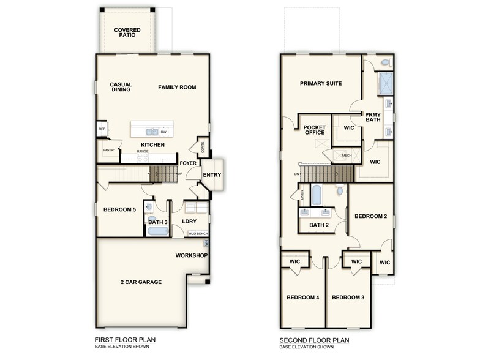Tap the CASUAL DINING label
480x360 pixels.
click(121, 88)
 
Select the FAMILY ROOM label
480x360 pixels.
click(177, 88)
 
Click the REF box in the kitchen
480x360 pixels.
click(102, 129)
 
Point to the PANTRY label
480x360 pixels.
click(109, 150)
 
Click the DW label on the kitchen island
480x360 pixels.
click(164, 131)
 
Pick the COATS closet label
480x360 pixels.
click(201, 147)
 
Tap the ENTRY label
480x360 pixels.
click(212, 176)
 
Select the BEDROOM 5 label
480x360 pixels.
click(119, 210)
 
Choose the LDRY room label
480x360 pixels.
click(189, 221)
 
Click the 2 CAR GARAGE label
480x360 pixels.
click(141, 282)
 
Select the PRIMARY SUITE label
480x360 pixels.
click(321, 84)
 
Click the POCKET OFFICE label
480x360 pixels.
click(315, 131)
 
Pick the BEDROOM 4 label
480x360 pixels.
click(303, 298)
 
